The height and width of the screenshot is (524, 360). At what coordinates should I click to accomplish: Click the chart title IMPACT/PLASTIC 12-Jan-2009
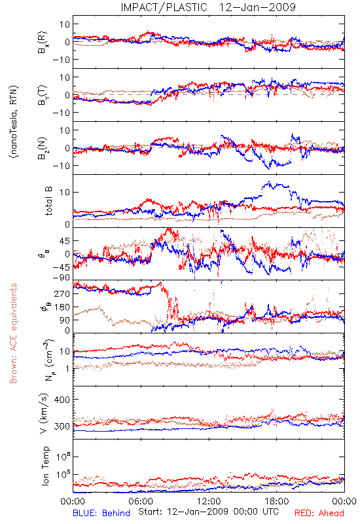208,7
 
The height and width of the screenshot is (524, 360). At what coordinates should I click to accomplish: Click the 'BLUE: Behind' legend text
101,513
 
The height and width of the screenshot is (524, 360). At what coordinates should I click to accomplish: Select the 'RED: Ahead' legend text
319,513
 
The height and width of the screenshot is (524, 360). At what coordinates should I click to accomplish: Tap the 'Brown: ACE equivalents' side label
13,333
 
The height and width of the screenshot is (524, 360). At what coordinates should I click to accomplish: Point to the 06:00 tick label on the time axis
141,501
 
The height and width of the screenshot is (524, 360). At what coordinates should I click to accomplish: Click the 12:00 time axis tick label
209,501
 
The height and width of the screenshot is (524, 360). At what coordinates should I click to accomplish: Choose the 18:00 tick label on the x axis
277,501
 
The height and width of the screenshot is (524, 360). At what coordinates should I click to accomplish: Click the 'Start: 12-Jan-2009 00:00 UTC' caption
208,512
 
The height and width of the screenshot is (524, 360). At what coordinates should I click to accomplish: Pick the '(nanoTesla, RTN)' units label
14,122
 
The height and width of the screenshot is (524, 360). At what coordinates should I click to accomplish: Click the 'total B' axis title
48,200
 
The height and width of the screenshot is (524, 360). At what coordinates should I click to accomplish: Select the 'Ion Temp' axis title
45,466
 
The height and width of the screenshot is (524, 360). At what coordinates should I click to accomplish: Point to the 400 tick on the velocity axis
62,400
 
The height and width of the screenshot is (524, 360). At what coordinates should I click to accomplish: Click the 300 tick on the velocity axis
62,426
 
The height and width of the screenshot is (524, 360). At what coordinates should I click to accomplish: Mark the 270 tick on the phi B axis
62,293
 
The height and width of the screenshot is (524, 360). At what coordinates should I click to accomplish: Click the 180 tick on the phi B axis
62,307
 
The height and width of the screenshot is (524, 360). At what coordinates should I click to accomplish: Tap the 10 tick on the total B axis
65,192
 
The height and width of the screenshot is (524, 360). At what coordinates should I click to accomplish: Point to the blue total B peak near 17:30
269,183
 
